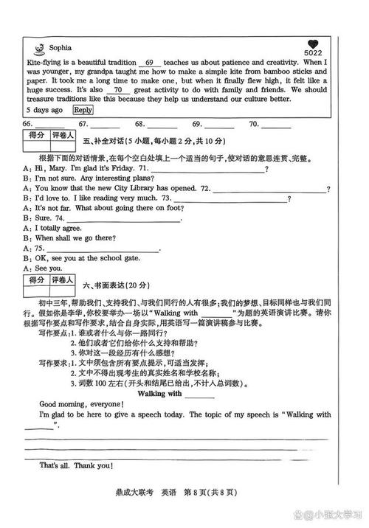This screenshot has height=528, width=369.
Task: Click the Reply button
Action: click(83, 109)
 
